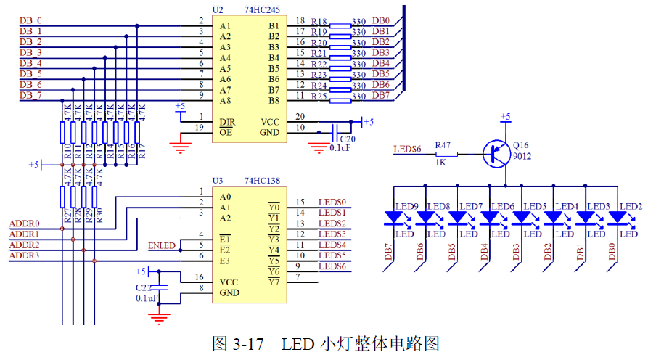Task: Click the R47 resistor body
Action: [446, 153]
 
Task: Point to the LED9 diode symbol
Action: [394, 217]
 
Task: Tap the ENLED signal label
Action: [161, 245]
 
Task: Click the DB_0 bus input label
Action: [30, 20]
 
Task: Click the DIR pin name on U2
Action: [227, 121]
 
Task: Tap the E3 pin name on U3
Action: [226, 261]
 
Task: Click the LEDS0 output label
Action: [332, 202]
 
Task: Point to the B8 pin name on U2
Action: [274, 100]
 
